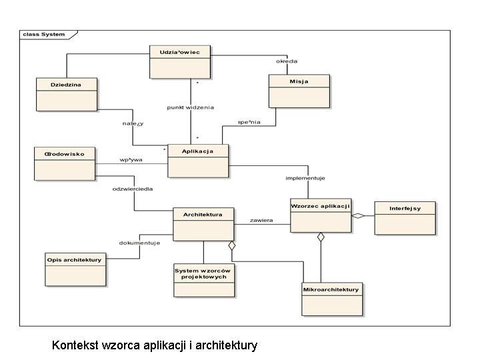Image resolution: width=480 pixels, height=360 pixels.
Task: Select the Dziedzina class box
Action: pyautogui.click(x=66, y=94)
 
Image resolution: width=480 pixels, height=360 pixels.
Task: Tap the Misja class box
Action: pyautogui.click(x=299, y=91)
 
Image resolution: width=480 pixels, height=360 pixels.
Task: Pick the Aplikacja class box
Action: pyautogui.click(x=197, y=161)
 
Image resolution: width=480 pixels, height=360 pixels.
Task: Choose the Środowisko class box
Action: pyautogui.click(x=64, y=163)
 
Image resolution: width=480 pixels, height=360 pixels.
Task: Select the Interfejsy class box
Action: pyautogui.click(x=405, y=218)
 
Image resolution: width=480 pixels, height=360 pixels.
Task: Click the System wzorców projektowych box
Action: pyautogui.click(x=203, y=280)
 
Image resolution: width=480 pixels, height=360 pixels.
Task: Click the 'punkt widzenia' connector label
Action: pyautogui.click(x=190, y=107)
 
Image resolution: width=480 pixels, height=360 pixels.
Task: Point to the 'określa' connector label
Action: pyautogui.click(x=287, y=61)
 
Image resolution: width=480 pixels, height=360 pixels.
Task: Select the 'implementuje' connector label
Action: pyautogui.click(x=305, y=178)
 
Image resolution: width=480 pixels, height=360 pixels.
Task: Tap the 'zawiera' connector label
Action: pyautogui.click(x=261, y=219)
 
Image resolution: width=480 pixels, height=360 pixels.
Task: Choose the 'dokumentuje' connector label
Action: pyautogui.click(x=139, y=243)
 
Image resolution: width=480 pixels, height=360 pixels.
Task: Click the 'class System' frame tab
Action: pyautogui.click(x=45, y=34)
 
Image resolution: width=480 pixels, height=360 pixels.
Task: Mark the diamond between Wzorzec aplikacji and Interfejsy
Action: pyautogui.click(x=359, y=215)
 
